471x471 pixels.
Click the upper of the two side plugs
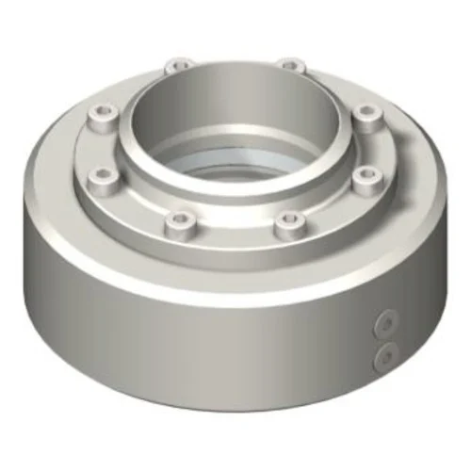(x=383, y=325)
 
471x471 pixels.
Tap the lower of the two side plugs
(x=383, y=355)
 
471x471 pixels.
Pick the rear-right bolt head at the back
(x=292, y=67)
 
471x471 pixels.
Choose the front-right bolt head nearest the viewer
(x=289, y=221)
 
